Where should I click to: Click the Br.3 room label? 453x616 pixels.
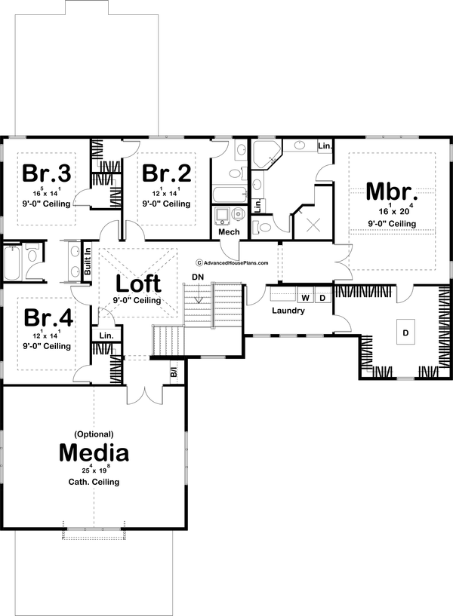click(47, 173)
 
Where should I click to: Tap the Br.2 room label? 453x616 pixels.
click(166, 173)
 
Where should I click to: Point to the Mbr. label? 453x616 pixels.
click(390, 191)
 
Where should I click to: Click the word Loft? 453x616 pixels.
click(138, 283)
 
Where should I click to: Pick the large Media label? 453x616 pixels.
click(94, 452)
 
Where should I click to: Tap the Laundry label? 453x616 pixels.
click(288, 311)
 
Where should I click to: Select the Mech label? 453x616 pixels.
click(229, 231)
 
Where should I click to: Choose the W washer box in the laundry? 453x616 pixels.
click(307, 296)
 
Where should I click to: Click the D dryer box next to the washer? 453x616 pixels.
click(322, 296)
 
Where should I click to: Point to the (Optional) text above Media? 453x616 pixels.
click(94, 434)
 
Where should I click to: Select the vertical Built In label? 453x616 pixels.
click(88, 260)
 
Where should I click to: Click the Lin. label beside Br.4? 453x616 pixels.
click(106, 336)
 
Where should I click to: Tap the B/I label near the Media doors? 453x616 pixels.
click(173, 372)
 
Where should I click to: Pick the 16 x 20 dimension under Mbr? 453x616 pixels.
click(390, 211)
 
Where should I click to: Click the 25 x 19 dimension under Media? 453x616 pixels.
click(94, 470)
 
